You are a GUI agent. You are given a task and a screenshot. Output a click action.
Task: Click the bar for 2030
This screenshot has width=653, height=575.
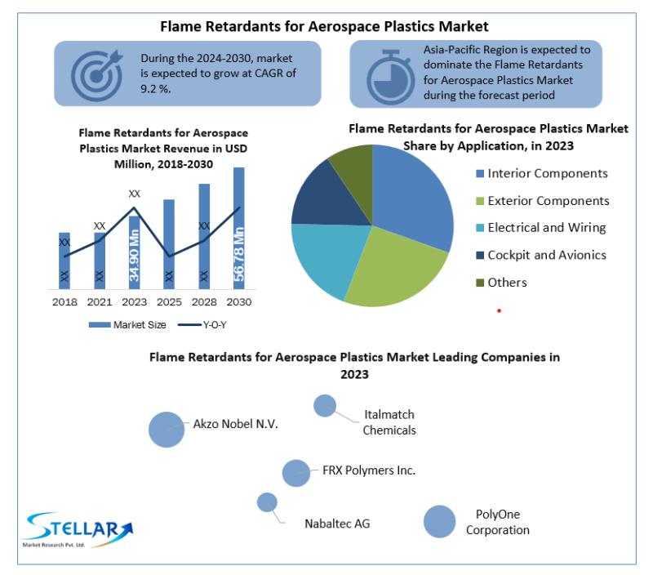(x=238, y=228)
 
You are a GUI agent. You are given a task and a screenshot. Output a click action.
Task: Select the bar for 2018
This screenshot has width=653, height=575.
(x=64, y=261)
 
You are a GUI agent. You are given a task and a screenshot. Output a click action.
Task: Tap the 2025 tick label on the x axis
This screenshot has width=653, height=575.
(x=169, y=301)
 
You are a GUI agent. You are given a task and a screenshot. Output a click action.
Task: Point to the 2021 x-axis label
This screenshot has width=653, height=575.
(x=100, y=301)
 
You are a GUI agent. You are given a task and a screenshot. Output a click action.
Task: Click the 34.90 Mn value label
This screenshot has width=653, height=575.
(x=134, y=256)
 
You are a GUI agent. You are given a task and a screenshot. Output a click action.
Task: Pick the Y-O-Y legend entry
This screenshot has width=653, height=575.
(x=202, y=325)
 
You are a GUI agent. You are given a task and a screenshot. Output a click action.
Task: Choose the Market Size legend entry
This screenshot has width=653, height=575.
(x=127, y=325)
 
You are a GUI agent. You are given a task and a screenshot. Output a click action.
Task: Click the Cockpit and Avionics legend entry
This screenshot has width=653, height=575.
(x=541, y=255)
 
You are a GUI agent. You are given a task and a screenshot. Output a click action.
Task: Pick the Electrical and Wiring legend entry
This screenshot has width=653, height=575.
(x=541, y=228)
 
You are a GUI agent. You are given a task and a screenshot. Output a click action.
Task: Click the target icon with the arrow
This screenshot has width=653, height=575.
(x=97, y=75)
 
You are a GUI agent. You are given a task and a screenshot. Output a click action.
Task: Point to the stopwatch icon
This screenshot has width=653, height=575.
(x=390, y=77)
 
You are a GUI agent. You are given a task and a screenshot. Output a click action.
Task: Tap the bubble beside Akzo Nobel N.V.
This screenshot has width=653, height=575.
(x=167, y=430)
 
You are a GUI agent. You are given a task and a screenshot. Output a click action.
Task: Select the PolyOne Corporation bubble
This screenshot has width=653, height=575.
(x=439, y=522)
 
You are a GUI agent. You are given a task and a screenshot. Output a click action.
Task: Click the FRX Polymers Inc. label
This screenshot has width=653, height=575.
(x=369, y=470)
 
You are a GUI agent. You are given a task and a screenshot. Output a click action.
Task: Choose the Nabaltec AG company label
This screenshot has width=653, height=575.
(x=337, y=524)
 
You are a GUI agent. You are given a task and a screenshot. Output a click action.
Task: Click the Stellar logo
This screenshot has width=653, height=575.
(x=78, y=529)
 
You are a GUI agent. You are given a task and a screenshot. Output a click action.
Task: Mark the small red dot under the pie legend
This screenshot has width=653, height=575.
(x=499, y=311)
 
